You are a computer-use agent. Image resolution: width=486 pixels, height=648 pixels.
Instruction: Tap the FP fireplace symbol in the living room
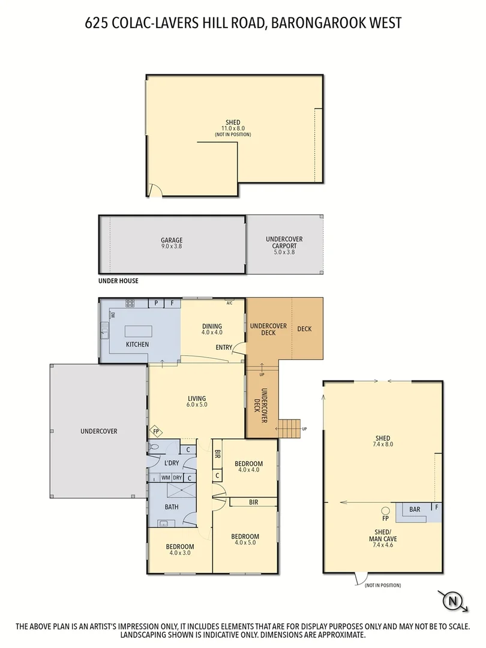coord(156,431)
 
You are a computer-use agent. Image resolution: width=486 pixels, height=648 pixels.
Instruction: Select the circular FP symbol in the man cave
coord(385,511)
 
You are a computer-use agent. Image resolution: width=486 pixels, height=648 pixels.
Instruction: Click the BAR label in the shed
coord(414,509)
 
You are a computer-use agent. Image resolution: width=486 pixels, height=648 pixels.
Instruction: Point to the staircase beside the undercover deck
coord(289,428)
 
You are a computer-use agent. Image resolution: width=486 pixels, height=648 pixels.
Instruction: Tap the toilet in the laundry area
coord(154,447)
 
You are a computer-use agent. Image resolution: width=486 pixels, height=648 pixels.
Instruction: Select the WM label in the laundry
coord(165,478)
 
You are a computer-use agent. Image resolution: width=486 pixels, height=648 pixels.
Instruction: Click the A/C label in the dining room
coord(229,302)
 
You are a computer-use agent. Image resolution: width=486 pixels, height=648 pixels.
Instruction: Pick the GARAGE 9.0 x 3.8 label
coord(171,244)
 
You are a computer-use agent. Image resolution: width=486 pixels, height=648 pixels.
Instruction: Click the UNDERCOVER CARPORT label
coord(284,245)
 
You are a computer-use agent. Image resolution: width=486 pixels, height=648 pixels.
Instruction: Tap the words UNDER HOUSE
coord(118,281)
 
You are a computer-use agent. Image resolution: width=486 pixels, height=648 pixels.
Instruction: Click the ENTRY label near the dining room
coord(224,347)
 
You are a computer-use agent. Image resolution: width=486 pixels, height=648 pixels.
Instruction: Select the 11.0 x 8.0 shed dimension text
coord(233,128)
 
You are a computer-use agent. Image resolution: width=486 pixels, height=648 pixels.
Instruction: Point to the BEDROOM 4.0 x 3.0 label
coord(180,550)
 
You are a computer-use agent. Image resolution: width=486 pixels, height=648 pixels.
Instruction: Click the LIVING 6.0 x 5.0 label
coord(196,402)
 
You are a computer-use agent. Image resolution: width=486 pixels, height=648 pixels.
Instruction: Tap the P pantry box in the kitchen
coord(156,304)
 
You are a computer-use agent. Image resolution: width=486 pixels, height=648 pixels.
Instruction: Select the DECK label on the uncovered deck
coord(305,329)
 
